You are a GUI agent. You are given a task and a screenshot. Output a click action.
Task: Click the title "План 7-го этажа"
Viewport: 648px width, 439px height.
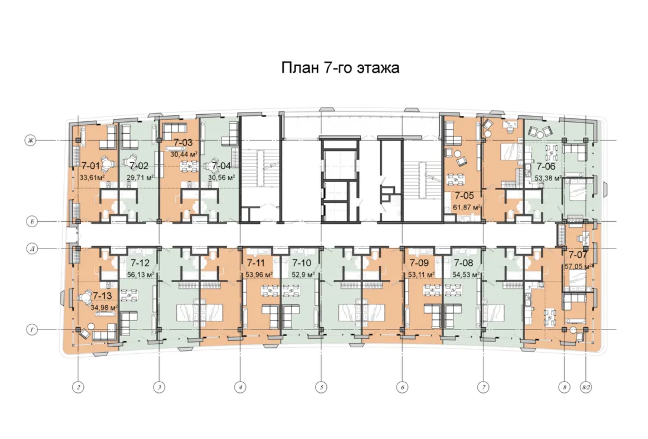pyautogui.click(x=340, y=67)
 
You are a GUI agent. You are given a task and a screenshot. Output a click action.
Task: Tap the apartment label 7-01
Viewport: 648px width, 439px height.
pyautogui.click(x=90, y=166)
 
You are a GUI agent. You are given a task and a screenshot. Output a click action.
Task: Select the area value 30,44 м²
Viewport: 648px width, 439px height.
pyautogui.click(x=184, y=154)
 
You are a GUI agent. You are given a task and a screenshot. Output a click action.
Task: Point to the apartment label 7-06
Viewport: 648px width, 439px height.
pyautogui.click(x=546, y=167)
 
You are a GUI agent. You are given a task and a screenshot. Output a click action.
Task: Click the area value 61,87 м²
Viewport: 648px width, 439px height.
pyautogui.click(x=466, y=207)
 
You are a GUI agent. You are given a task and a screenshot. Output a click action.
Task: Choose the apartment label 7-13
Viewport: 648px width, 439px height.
pyautogui.click(x=102, y=296)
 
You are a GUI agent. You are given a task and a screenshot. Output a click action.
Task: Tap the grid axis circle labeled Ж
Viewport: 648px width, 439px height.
pyautogui.click(x=30, y=141)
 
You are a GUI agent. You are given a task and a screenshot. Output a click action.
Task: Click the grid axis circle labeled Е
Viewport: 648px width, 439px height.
pyautogui.click(x=32, y=221)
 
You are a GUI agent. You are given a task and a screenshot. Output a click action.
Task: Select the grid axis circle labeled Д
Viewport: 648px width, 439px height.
pyautogui.click(x=32, y=249)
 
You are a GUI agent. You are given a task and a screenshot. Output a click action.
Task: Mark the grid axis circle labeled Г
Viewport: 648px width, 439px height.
pyautogui.click(x=32, y=330)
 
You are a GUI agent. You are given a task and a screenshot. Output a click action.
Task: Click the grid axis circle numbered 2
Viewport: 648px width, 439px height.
pyautogui.click(x=78, y=388)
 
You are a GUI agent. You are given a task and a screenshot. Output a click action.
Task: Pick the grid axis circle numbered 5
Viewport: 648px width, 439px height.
pyautogui.click(x=321, y=388)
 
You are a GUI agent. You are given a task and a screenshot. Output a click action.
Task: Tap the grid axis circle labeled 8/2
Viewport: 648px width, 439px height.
pyautogui.click(x=586, y=388)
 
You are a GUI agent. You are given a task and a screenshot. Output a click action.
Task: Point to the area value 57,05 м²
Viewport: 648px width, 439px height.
pyautogui.click(x=579, y=267)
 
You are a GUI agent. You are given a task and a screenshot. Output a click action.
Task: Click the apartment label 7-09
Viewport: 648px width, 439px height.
pyautogui.click(x=419, y=263)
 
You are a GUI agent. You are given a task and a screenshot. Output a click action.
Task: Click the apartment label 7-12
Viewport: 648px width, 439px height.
pyautogui.click(x=140, y=263)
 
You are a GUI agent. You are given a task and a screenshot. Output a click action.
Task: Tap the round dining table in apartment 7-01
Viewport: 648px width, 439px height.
pyautogui.click(x=107, y=165)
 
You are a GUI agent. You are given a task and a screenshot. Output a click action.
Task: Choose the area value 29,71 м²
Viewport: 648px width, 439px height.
pyautogui.click(x=140, y=177)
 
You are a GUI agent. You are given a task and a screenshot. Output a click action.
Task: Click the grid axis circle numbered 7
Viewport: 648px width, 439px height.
pyautogui.click(x=483, y=388)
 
